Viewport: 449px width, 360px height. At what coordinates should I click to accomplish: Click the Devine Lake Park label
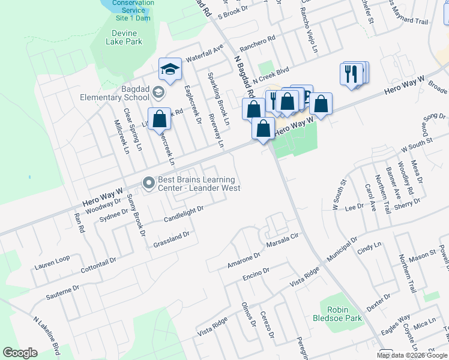click(124, 37)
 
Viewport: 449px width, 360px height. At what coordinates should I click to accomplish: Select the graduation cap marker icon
click(170, 70)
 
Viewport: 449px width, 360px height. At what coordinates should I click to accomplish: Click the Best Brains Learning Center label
click(199, 184)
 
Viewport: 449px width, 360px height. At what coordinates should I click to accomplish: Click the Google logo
click(20, 353)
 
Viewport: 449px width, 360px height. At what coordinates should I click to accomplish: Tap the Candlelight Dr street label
click(184, 214)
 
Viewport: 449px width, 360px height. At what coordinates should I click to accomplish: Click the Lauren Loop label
click(52, 262)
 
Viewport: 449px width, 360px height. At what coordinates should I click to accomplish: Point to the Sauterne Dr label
click(62, 293)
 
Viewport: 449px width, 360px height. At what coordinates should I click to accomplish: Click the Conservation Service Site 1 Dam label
click(133, 10)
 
